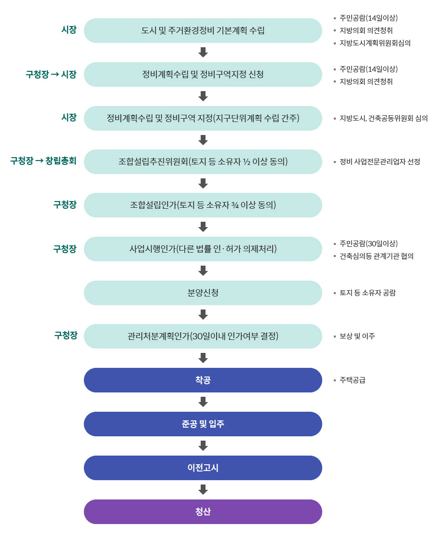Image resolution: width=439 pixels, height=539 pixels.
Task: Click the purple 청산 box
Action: coord(203,512)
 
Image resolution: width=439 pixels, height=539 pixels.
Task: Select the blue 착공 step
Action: coord(203,380)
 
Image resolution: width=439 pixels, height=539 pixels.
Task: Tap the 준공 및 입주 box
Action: coord(203,424)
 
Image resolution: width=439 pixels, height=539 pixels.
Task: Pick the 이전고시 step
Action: coord(203,468)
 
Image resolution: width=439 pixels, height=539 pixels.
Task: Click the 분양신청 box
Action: coord(203,293)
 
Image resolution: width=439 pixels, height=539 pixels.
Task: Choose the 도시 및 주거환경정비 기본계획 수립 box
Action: coord(203,30)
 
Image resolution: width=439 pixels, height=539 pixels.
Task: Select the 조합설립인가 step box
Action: coord(203,205)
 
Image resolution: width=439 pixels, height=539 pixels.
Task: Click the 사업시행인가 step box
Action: coord(203,249)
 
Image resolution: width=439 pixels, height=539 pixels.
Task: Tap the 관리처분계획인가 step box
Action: coord(203,336)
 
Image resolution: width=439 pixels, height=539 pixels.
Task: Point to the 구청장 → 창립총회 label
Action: coord(43,161)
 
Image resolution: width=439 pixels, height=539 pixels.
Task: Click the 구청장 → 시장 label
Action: coord(51,74)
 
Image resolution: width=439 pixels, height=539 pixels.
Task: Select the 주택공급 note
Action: coord(352,380)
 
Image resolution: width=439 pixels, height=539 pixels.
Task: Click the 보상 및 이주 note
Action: coord(357,336)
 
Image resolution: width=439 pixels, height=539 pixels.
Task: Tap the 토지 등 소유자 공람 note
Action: coord(368,293)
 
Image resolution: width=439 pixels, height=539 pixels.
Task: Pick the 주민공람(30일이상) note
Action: coord(369,243)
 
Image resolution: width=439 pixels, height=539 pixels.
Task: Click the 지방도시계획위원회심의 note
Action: coord(375,43)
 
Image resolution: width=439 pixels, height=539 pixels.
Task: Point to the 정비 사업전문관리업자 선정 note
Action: coord(380,162)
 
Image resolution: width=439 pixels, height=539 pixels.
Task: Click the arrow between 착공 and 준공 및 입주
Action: coord(203,402)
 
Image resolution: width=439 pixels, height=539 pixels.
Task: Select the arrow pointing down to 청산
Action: coord(203,489)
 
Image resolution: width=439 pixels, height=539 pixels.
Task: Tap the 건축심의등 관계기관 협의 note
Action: coord(376,256)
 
